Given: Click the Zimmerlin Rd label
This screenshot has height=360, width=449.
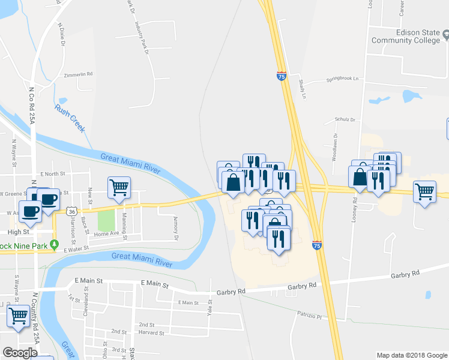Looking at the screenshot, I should coord(78,74).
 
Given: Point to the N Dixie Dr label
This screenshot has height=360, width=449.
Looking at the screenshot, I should coord(61,34).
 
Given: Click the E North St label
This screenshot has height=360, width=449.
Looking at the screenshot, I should coord(52,174).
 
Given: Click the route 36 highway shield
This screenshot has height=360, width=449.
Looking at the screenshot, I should coord(71,211).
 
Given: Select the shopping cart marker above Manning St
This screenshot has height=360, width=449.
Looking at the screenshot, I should coord(119,188).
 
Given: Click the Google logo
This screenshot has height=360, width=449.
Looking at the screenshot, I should coord(20,353).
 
